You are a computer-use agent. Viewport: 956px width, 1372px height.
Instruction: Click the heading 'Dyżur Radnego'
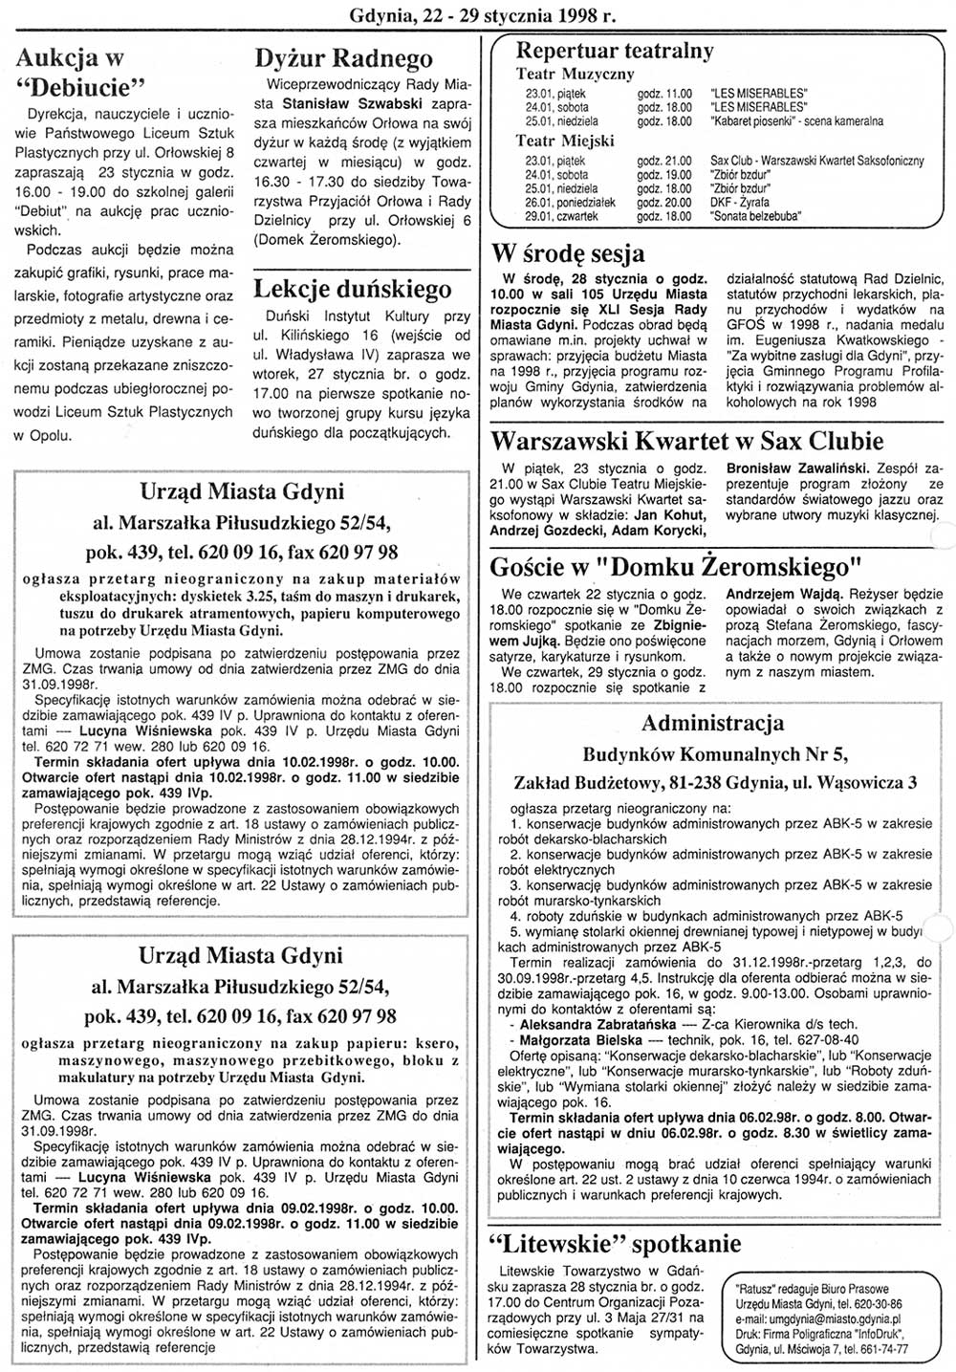click(343, 59)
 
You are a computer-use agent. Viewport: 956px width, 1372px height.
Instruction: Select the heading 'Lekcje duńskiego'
click(353, 289)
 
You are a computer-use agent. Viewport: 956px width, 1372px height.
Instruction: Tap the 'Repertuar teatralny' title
click(614, 51)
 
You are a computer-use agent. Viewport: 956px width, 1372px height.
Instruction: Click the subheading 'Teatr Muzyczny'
click(575, 74)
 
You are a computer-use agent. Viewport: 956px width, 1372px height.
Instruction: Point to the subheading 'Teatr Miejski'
click(565, 141)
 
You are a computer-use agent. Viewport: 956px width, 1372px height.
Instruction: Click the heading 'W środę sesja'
click(567, 253)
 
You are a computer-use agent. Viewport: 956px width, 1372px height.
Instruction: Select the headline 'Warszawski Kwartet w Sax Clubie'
click(686, 441)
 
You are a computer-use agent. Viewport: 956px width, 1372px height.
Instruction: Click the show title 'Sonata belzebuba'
click(755, 216)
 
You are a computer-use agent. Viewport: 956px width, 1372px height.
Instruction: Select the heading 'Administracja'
click(712, 723)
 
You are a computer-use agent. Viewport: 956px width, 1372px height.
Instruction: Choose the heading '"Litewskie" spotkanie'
click(614, 1243)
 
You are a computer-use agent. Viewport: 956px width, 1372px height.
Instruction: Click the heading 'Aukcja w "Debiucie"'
click(81, 73)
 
